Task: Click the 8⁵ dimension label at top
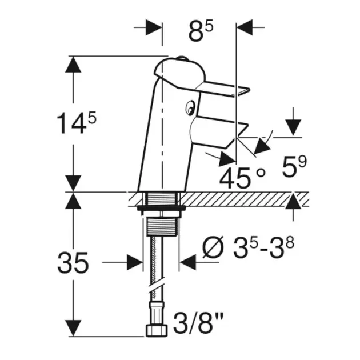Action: tap(201, 31)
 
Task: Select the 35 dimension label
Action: tap(73, 263)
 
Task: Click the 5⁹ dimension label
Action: tap(294, 167)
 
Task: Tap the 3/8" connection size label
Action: tap(198, 323)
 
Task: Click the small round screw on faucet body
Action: tap(190, 107)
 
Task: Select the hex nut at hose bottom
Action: tap(157, 330)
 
